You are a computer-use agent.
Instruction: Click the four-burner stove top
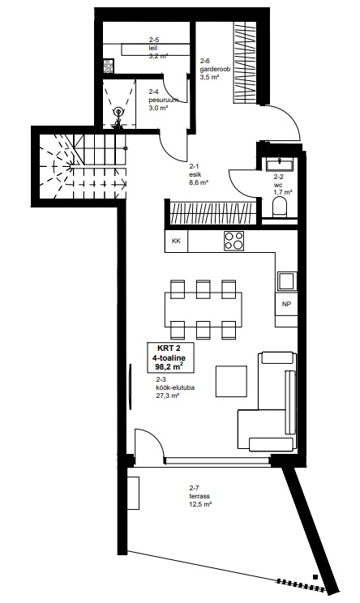(x=234, y=241)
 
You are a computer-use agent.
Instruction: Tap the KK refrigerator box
(x=176, y=242)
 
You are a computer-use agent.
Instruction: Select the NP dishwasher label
(x=286, y=304)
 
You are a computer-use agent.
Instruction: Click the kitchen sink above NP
(x=287, y=281)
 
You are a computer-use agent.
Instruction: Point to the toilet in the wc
(x=281, y=208)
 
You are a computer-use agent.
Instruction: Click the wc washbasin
(x=280, y=165)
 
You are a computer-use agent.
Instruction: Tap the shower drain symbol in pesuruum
(x=118, y=113)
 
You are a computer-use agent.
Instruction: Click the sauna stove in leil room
(x=108, y=66)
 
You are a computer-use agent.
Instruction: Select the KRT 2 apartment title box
(x=170, y=357)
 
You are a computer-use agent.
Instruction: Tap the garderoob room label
(x=215, y=69)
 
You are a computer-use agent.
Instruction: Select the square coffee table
(x=231, y=381)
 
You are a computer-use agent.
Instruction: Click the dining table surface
(x=204, y=309)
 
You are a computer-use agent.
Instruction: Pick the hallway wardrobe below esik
(x=213, y=213)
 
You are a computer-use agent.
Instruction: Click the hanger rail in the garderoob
(x=245, y=62)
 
